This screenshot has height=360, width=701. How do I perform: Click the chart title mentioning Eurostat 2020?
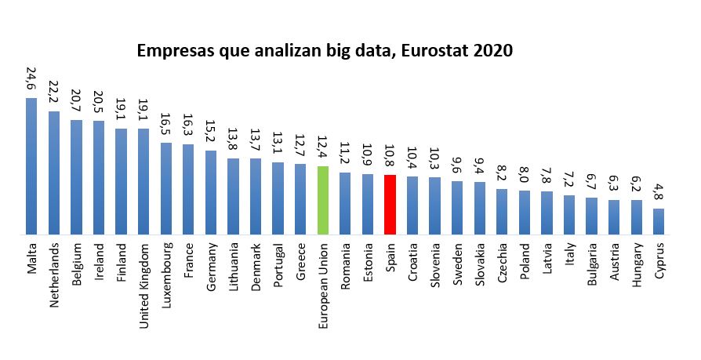coord(325,52)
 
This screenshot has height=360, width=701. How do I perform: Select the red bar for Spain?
coord(390,205)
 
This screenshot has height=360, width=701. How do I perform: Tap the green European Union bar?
coord(322,200)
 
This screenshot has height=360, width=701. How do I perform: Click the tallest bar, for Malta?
coord(31,166)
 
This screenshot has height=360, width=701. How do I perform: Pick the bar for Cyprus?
coord(659,221)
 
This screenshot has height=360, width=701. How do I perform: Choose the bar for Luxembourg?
coord(166,188)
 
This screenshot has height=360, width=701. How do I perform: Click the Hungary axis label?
coord(637,266)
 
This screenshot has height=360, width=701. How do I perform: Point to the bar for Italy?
coord(569,215)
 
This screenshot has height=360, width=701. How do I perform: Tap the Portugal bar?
coord(278,198)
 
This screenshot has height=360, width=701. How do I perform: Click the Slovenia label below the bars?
coord(434,264)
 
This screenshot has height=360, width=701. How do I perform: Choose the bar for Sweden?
coord(457,208)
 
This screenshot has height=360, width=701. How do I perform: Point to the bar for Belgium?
coord(76,177)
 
